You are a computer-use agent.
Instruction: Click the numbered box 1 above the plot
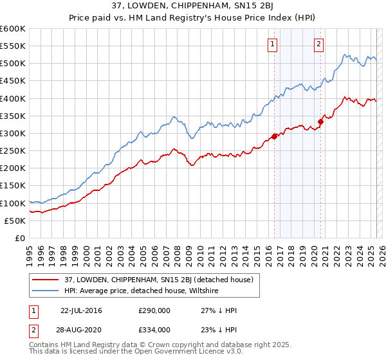tap(273, 44)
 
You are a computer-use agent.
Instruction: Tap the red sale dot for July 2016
tap(274, 136)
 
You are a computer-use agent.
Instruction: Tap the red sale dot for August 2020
tap(320, 121)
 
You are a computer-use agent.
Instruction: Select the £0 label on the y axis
tap(19, 238)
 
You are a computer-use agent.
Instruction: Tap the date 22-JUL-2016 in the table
tap(81, 310)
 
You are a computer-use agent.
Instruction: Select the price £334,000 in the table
tap(154, 329)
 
